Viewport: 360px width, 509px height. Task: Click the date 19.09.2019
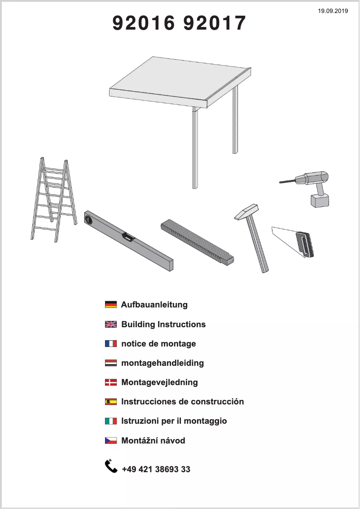tap(333, 10)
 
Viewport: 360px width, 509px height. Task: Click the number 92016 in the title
tap(143, 23)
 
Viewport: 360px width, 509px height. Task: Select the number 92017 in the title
tap(215, 23)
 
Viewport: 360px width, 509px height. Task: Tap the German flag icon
tap(110, 305)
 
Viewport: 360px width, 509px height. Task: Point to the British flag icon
tap(110, 324)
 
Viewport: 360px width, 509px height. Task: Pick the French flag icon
tap(110, 344)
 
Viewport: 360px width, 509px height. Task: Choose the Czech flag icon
tap(110, 440)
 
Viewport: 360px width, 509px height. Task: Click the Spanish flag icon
tap(110, 402)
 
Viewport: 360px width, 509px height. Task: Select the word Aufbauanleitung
tap(154, 305)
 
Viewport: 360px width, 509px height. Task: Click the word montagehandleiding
tap(162, 363)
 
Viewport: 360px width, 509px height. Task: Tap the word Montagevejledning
tap(159, 382)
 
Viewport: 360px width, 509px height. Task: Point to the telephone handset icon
tap(110, 466)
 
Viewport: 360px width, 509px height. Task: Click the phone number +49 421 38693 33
tap(156, 470)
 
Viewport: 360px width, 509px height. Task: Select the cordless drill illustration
tap(310, 186)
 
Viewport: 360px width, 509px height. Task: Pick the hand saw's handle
tap(304, 245)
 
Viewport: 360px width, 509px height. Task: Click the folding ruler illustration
tap(198, 241)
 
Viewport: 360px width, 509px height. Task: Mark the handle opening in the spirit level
tap(127, 237)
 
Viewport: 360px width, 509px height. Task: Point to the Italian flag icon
tap(110, 421)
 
